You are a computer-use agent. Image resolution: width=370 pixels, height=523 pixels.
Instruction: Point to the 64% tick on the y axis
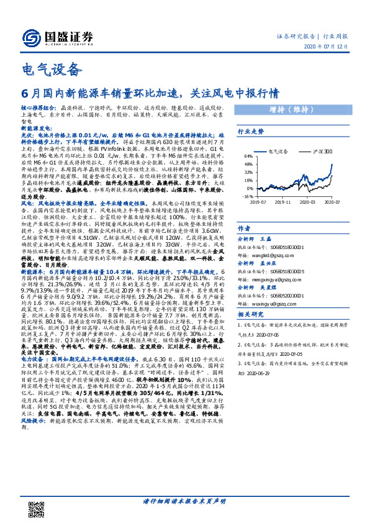coord(248,156)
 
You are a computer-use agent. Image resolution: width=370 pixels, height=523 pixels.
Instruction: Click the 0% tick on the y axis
coord(249,189)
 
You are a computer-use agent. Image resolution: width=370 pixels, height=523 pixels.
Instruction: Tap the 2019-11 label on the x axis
coord(282,202)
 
